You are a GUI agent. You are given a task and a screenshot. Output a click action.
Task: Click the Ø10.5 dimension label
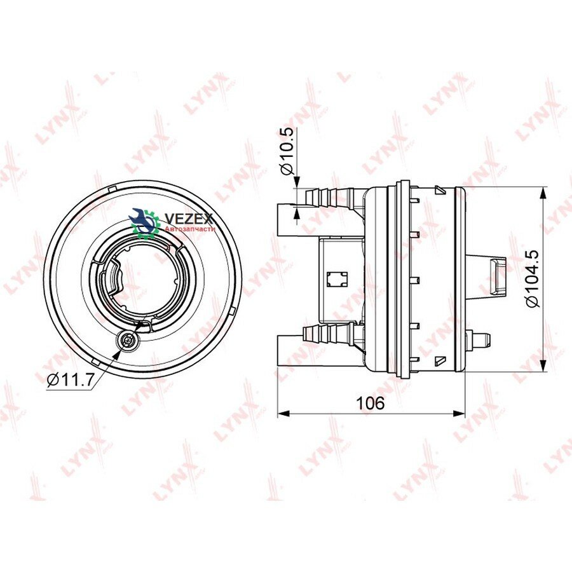coord(287,152)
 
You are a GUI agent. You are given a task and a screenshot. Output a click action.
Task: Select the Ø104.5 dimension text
coord(532,278)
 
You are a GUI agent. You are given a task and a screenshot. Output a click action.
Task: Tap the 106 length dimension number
coord(370,403)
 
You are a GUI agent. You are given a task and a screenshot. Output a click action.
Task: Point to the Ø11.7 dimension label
coord(70,381)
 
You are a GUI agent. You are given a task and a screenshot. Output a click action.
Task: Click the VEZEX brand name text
coord(189,219)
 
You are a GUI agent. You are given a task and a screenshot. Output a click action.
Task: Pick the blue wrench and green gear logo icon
coord(145,222)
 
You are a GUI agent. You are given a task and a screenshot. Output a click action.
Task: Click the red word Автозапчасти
coord(190,229)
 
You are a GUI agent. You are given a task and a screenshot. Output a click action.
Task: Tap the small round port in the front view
coord(127,341)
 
